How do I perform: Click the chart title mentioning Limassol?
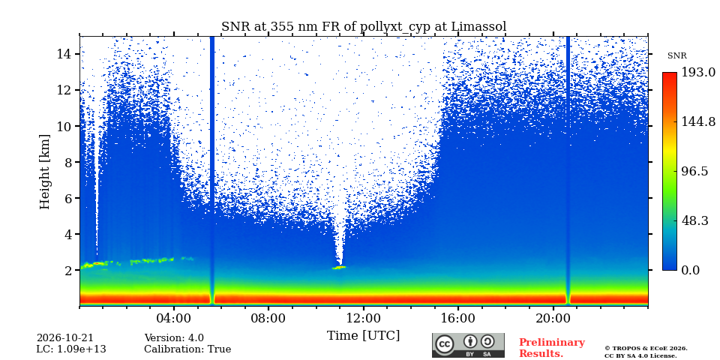tap(364, 27)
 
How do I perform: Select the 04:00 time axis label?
tap(173, 318)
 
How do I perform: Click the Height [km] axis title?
tap(44, 172)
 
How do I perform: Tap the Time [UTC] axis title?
tap(363, 336)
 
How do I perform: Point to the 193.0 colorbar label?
tap(698, 73)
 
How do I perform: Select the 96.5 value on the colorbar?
tap(694, 171)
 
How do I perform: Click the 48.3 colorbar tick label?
tap(694, 220)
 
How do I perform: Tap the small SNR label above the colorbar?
tap(676, 56)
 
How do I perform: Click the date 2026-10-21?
tap(64, 338)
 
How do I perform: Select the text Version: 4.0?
tap(174, 338)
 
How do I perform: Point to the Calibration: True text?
tap(187, 349)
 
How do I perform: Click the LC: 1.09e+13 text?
tap(71, 349)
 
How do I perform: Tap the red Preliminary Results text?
tap(552, 348)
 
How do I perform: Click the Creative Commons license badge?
tap(468, 345)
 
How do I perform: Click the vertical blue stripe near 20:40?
tap(568, 170)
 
